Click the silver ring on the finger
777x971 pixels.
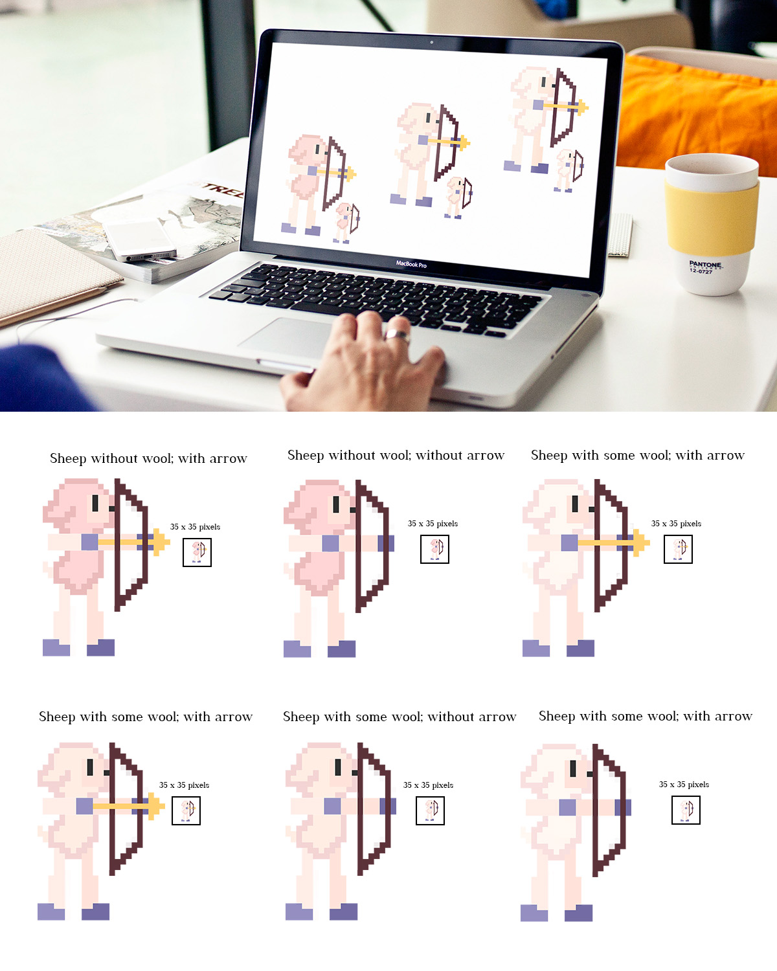[x=397, y=335]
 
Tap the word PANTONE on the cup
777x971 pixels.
[x=704, y=264]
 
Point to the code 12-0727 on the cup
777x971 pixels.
[x=700, y=271]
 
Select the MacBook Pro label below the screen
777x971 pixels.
[x=411, y=264]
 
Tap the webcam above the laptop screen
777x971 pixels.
[x=432, y=42]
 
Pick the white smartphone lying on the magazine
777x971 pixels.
[x=139, y=240]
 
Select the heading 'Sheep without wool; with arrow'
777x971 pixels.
[x=148, y=458]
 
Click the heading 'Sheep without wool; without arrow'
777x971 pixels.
[x=396, y=455]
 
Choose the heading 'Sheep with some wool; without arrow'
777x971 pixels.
[x=400, y=717]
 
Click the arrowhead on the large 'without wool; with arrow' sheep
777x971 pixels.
[x=161, y=542]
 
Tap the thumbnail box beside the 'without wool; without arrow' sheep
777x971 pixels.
[x=434, y=549]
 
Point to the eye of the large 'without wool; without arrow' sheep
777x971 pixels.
[x=336, y=504]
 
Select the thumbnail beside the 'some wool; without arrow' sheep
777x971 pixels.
[x=430, y=811]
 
